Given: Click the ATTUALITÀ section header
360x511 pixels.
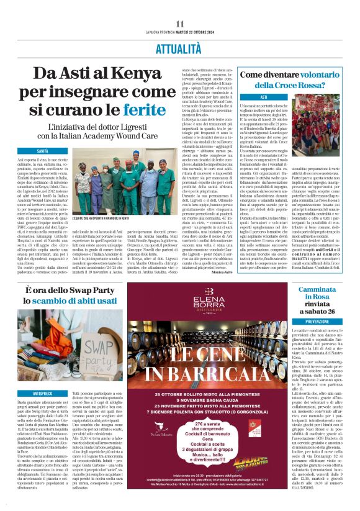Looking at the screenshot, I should pyautogui.click(x=179, y=47).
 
